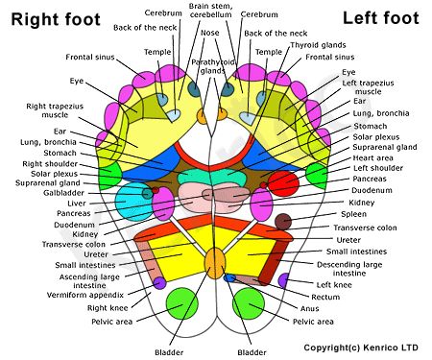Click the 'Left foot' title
(382, 17)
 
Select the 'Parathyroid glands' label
(207, 66)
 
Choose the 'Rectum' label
(326, 297)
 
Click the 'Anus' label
(311, 309)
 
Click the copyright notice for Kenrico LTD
(362, 347)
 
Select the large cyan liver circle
(131, 202)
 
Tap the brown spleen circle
(282, 222)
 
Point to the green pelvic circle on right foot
(180, 303)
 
